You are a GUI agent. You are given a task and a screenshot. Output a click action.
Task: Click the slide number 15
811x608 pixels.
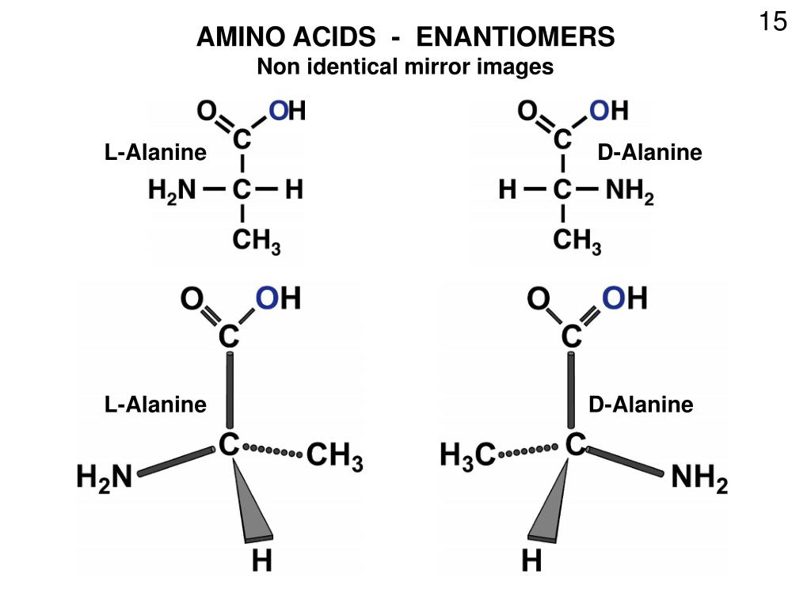773,21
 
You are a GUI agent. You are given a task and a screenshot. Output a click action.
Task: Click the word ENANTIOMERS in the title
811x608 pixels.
516,37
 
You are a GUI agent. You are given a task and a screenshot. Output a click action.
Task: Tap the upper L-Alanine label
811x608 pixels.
155,152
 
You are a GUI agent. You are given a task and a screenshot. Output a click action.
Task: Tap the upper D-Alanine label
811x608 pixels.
649,152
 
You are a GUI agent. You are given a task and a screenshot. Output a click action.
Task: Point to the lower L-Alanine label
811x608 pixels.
155,405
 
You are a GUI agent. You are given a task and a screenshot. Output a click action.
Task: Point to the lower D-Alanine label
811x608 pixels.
640,405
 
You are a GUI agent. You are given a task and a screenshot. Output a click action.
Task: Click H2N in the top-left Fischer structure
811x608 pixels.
172,192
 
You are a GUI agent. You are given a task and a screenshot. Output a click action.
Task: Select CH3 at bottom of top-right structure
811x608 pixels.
577,241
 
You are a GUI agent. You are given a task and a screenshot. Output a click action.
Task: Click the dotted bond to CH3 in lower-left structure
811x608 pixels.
273,451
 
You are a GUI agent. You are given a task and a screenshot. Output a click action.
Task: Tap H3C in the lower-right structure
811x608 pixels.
467,455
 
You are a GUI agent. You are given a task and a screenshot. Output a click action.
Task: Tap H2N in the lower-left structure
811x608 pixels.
103,478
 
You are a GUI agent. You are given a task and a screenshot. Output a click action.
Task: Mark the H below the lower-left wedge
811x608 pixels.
262,561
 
